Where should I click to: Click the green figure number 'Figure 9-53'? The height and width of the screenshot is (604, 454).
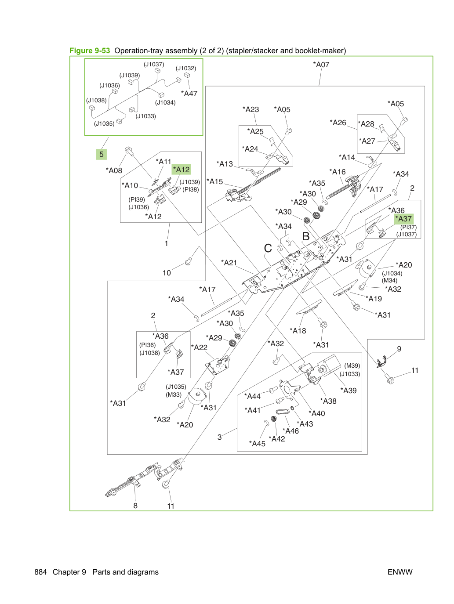[x=90, y=51]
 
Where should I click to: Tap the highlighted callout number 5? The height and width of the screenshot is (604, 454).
[x=102, y=154]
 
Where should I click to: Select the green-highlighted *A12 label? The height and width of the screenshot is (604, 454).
[x=181, y=170]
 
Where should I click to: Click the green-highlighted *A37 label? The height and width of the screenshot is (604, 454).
[x=403, y=219]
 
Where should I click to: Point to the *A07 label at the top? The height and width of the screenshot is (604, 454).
[x=321, y=65]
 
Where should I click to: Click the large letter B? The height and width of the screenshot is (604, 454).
[x=306, y=236]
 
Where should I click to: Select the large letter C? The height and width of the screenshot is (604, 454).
[x=268, y=248]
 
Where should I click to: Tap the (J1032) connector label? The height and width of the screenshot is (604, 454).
[x=186, y=68]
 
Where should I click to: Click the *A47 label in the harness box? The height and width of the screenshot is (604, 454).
[x=189, y=94]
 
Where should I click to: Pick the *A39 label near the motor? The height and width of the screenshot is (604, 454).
[x=348, y=391]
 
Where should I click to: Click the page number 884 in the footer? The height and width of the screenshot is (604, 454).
[x=40, y=572]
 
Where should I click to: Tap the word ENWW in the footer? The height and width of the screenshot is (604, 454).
[x=400, y=572]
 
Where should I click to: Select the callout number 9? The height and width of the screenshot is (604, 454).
[x=399, y=349]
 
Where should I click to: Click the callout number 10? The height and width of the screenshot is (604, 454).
[x=167, y=273]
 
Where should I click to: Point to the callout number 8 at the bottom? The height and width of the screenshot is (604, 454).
[x=135, y=506]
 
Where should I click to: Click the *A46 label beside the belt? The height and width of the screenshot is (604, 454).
[x=291, y=431]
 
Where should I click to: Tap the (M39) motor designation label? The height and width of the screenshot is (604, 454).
[x=352, y=366]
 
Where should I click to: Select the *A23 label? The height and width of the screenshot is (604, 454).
[x=251, y=109]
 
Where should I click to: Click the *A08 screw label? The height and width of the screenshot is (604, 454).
[x=114, y=170]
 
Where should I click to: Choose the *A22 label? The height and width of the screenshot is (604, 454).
[x=199, y=347]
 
